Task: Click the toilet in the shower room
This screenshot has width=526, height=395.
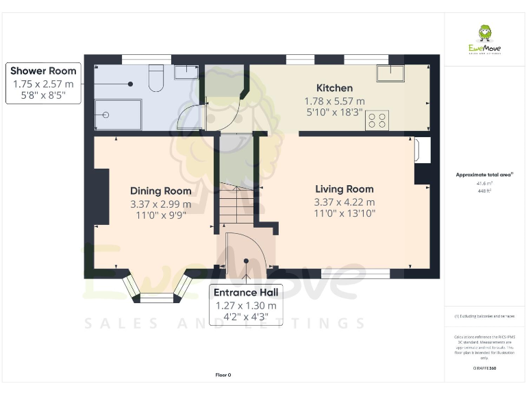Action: (155, 78)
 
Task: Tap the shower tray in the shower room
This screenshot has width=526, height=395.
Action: (118, 114)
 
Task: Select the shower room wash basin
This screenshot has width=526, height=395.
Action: (184, 72)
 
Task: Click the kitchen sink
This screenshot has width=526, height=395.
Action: (390, 73)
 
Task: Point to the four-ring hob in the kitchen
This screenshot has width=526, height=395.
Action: (377, 121)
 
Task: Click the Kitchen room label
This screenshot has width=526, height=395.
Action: (334, 88)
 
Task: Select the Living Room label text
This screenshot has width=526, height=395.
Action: (344, 189)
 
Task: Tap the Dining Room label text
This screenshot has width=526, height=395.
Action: (160, 191)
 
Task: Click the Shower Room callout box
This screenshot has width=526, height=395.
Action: (43, 84)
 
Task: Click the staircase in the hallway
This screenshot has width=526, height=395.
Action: (235, 205)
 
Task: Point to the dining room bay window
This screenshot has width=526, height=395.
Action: (158, 288)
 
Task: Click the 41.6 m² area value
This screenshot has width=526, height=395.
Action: (484, 184)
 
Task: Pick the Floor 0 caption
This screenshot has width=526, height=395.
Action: (223, 375)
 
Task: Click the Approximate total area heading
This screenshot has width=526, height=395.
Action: (484, 175)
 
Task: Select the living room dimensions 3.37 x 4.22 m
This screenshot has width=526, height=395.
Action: (344, 202)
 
